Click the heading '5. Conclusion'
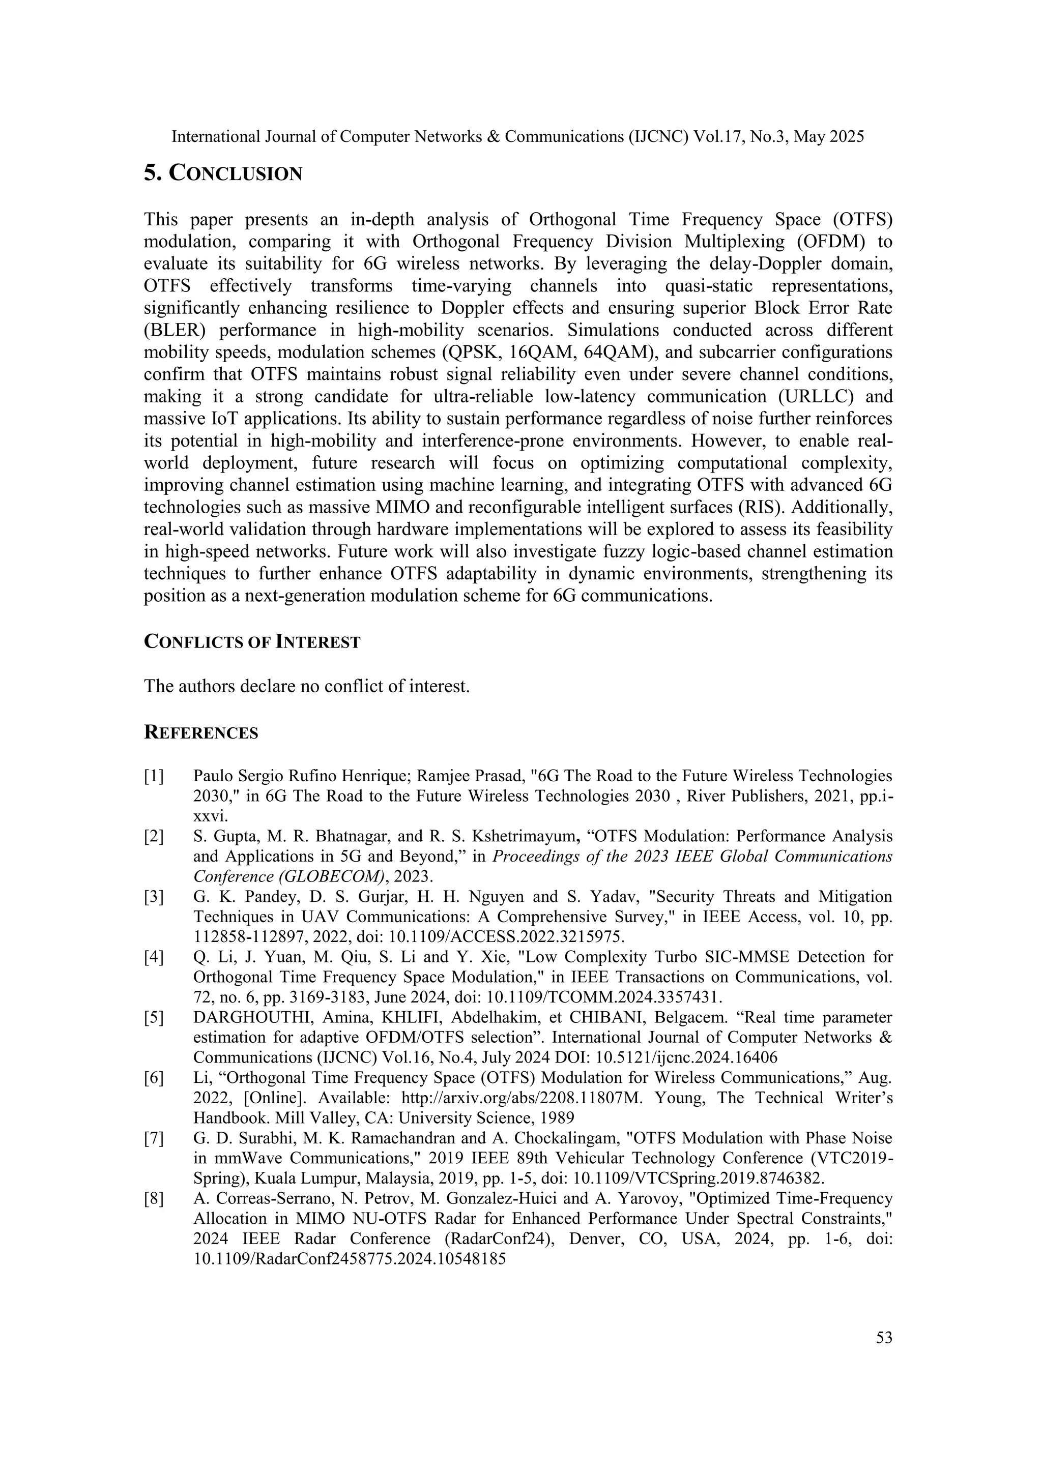[223, 173]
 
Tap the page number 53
[884, 1338]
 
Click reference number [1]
[154, 776]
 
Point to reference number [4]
[154, 957]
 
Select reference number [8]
[154, 1198]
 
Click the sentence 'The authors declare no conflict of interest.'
[307, 687]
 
